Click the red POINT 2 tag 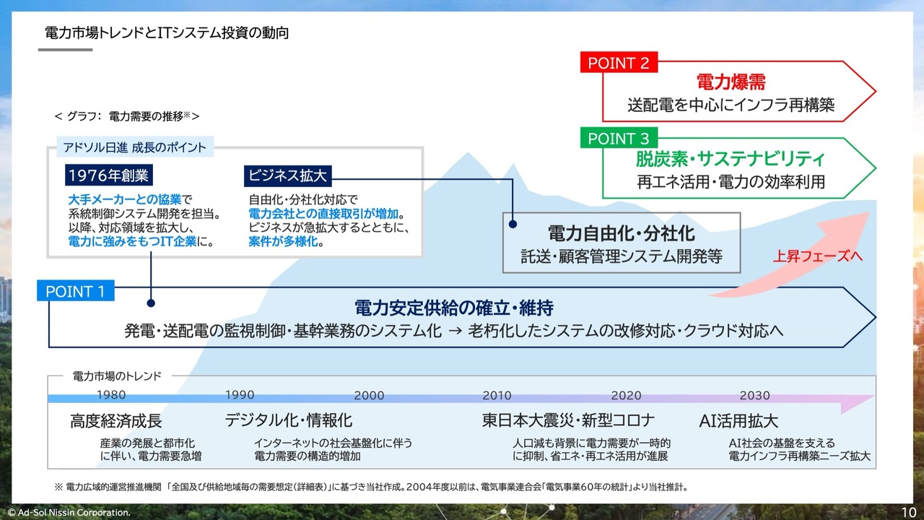click(x=619, y=63)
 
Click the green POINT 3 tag click(x=619, y=138)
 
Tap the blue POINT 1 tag click(x=75, y=292)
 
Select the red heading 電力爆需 click(x=731, y=81)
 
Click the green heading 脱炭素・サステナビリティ click(x=730, y=158)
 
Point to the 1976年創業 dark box click(x=108, y=175)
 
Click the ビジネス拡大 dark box click(x=288, y=175)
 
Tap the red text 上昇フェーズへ click(x=817, y=256)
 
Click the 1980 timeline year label click(x=110, y=395)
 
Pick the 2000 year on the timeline click(x=369, y=395)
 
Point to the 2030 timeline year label click(x=754, y=395)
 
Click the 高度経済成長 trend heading click(x=116, y=420)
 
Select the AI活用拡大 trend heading click(x=738, y=420)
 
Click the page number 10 click(x=908, y=511)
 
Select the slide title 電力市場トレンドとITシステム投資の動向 click(x=166, y=32)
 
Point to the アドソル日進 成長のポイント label click(x=134, y=147)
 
